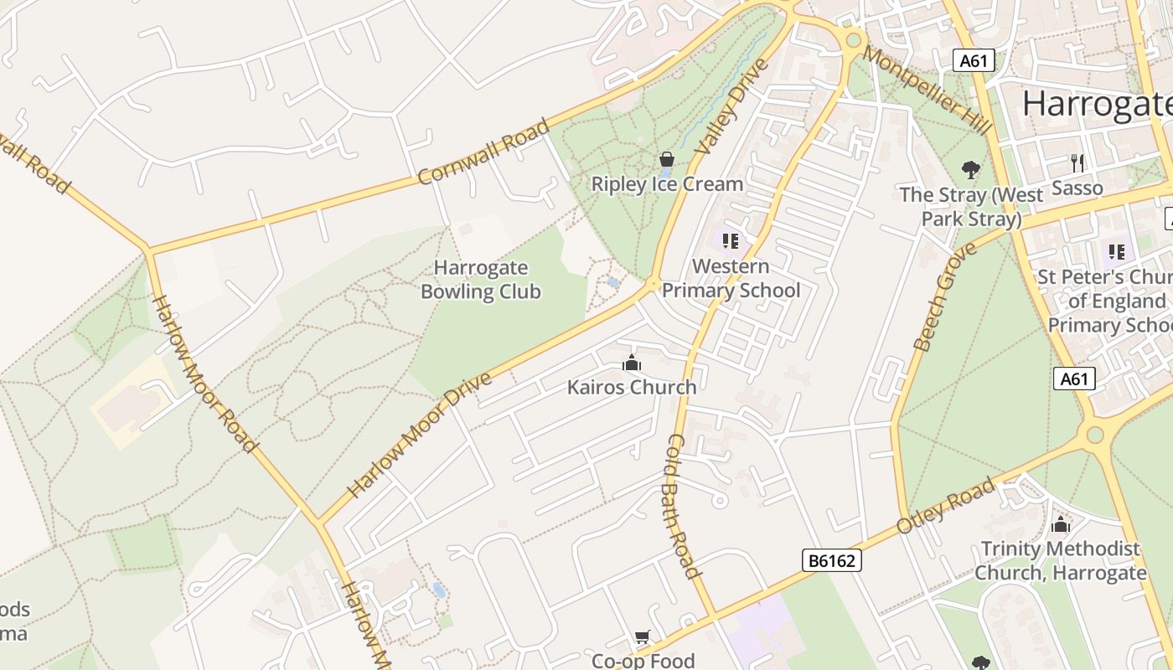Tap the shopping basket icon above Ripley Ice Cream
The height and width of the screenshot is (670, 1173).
point(667,159)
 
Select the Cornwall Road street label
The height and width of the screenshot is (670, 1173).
point(483,152)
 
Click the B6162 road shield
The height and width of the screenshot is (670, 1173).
point(831,560)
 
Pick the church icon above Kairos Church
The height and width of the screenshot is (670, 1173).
point(632,363)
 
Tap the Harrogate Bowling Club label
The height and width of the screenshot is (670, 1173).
point(481,280)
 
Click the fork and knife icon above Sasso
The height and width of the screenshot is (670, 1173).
point(1077,162)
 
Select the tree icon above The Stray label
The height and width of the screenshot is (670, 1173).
point(971,171)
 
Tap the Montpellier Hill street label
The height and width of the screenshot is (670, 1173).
point(927,90)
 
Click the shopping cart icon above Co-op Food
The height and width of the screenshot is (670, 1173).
point(643,637)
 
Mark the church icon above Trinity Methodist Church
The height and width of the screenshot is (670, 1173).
point(1061,525)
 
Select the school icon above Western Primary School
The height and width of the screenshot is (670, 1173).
point(731,241)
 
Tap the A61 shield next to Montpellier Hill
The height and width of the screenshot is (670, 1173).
point(974,60)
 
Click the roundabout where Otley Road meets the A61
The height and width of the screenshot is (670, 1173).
point(1094,434)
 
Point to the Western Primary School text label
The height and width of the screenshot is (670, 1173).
point(731,279)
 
